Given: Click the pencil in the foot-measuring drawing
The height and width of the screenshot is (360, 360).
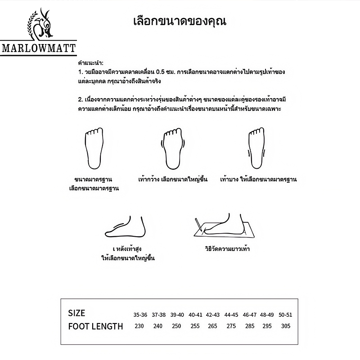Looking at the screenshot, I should point(198,224).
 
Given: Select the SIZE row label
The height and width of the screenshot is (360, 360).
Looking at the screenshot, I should point(76,313).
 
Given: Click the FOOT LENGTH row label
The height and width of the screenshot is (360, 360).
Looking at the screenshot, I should point(95,326).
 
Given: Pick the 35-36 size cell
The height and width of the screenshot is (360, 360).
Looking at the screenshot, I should point(139,314).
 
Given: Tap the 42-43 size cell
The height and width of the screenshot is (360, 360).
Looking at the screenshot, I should point(213,314).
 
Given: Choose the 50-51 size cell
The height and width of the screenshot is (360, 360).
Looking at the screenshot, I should point(285,314).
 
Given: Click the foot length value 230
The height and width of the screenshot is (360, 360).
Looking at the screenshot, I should point(139,326).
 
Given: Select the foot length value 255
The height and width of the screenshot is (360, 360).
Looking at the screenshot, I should point(194,326).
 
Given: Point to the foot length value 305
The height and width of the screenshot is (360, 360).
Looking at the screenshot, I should point(285,326).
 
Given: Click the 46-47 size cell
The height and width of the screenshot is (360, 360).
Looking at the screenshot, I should point(249,314).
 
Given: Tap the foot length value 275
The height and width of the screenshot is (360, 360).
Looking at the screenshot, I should point(231,326).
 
